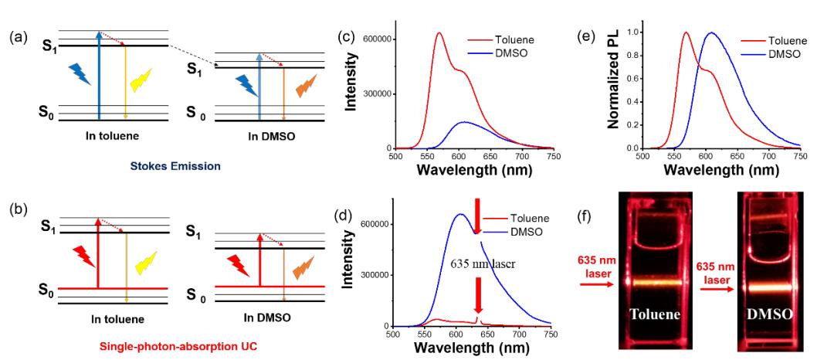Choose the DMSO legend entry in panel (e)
click(x=773, y=54)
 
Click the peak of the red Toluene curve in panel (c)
click(x=439, y=33)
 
